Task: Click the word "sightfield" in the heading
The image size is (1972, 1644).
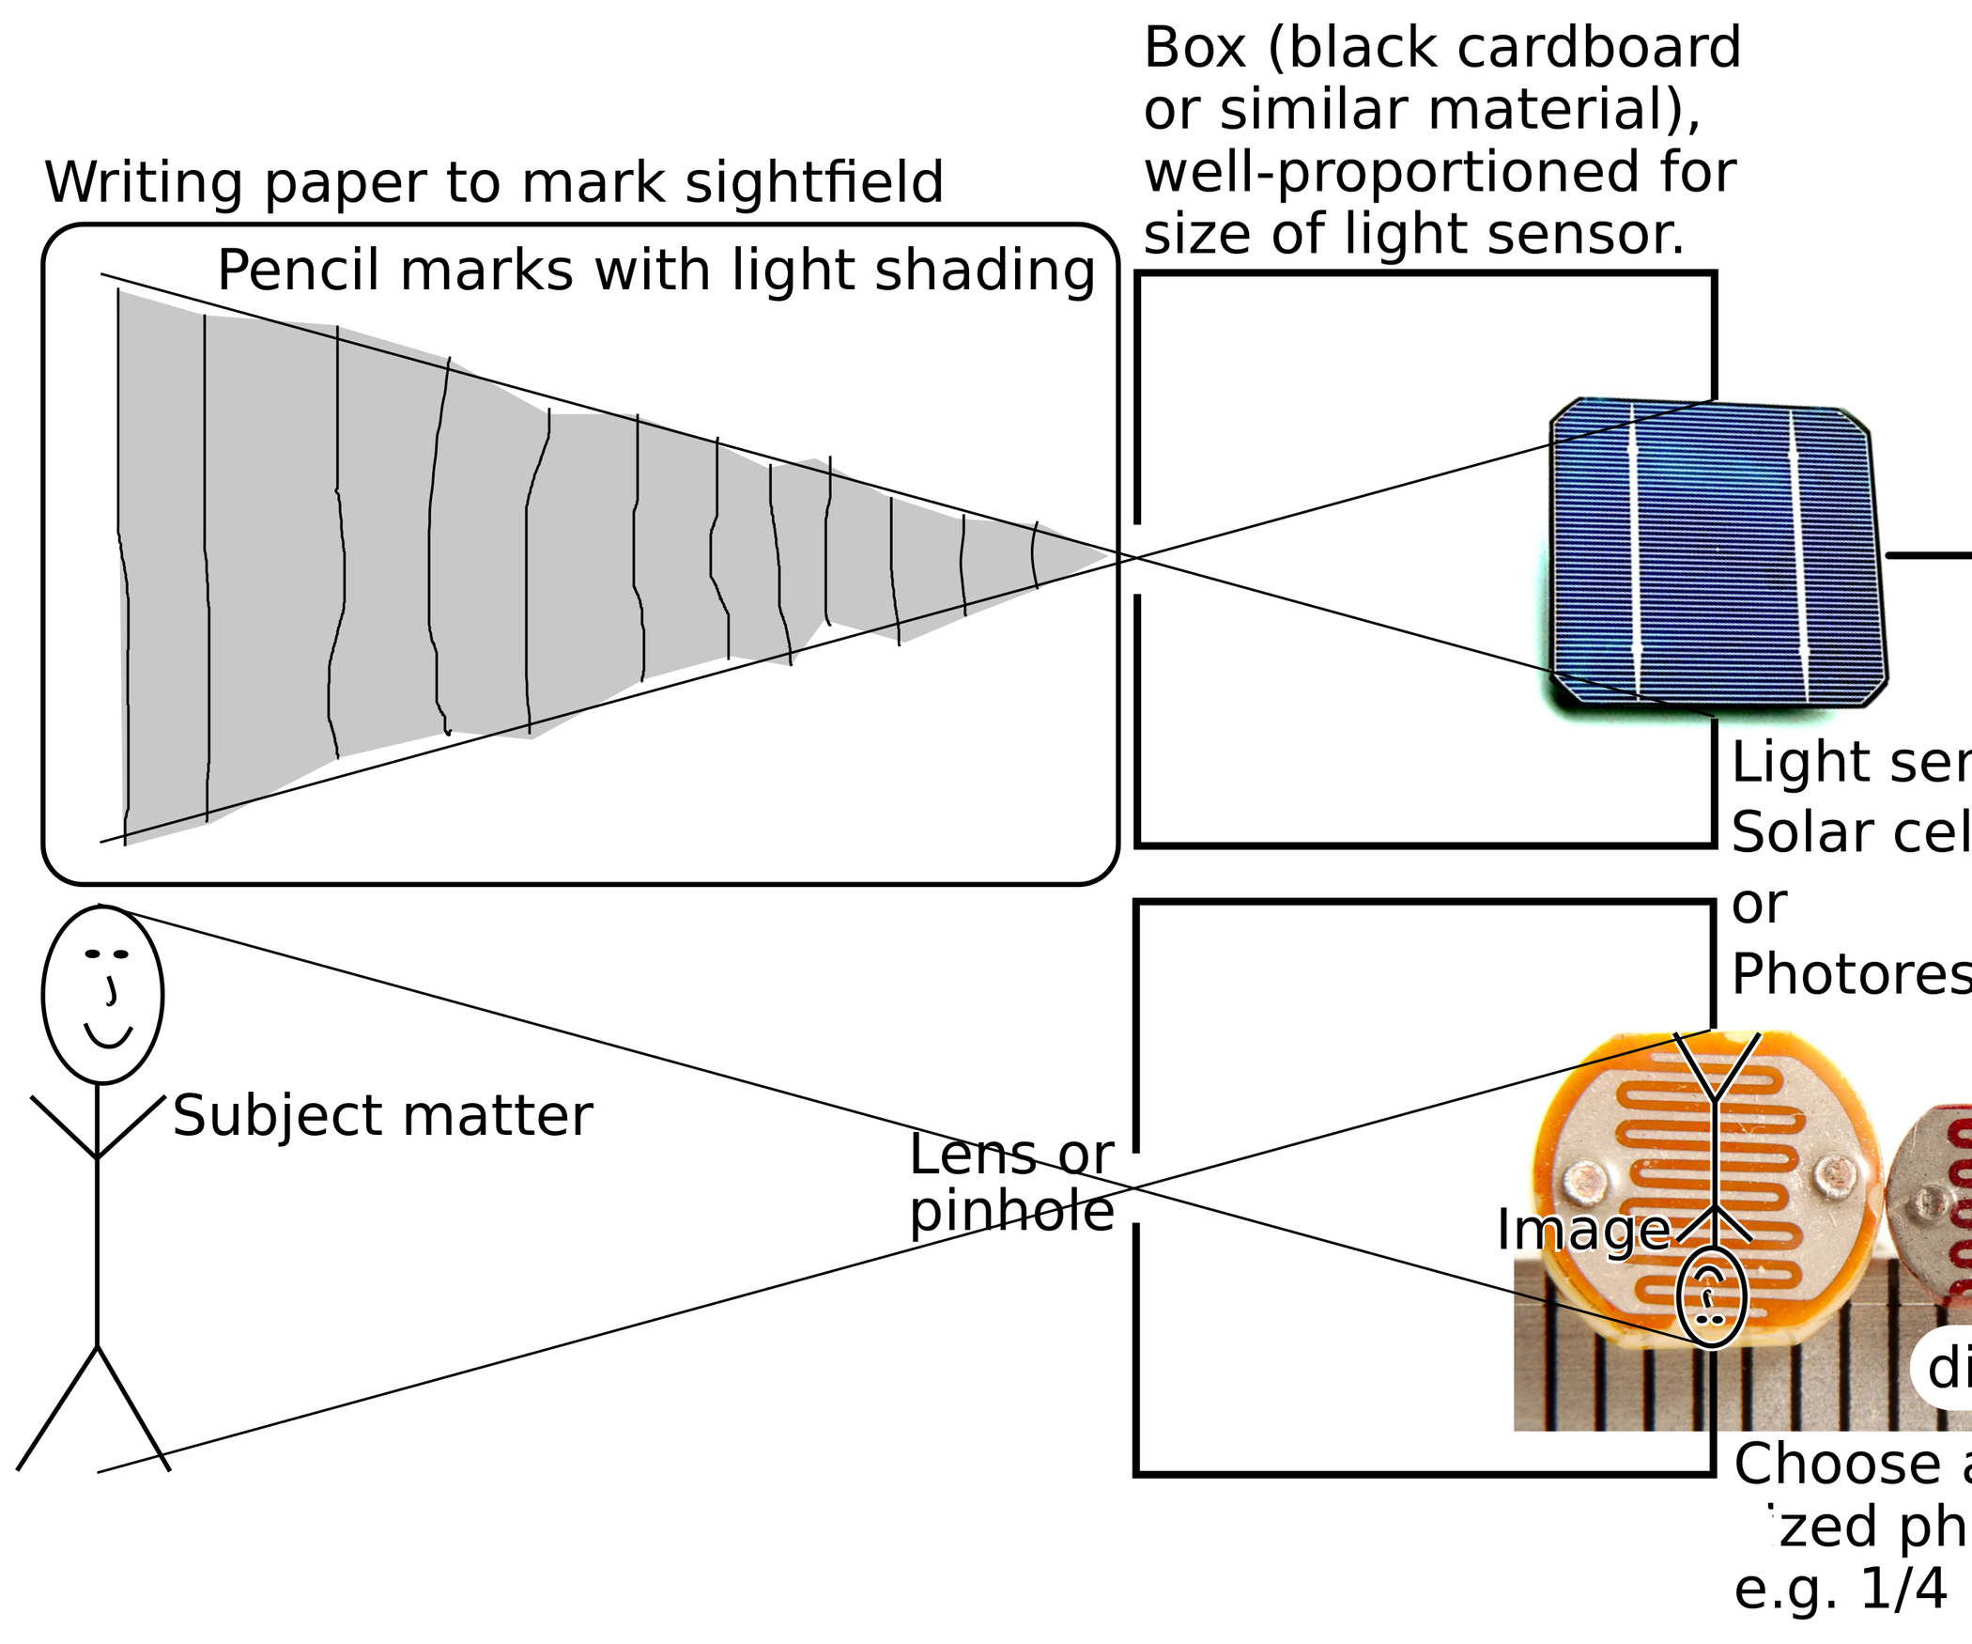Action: click(x=813, y=182)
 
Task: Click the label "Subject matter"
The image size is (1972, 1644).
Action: click(x=382, y=1116)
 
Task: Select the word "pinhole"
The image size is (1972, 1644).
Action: click(x=1011, y=1212)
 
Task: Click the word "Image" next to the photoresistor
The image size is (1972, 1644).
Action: click(x=1583, y=1230)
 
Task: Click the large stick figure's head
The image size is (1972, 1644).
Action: click(x=102, y=994)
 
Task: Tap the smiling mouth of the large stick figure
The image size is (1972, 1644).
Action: click(x=108, y=1037)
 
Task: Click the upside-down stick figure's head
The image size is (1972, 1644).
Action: click(x=1711, y=1297)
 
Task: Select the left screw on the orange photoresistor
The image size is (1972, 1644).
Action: click(x=1586, y=1176)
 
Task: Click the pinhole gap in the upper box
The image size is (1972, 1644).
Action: click(x=1137, y=559)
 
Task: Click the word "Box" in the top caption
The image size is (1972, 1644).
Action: click(x=1194, y=49)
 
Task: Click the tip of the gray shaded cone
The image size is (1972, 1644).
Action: click(x=1108, y=557)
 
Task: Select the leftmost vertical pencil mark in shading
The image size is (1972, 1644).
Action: click(x=120, y=564)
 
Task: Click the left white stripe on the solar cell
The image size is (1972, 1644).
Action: click(x=1636, y=554)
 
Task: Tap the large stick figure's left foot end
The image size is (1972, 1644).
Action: click(x=19, y=1469)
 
